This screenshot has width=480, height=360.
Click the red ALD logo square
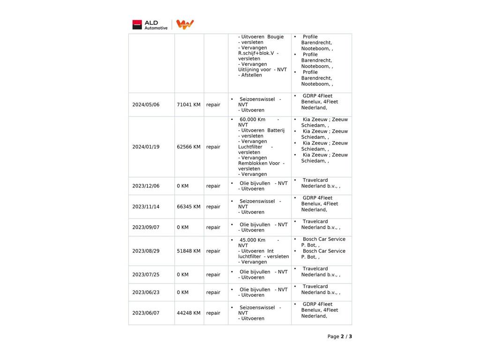[137, 25]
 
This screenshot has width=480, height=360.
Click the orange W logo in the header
[185, 25]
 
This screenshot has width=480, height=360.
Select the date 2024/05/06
[146, 105]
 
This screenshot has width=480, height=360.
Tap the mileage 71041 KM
[188, 105]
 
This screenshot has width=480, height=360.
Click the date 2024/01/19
[146, 147]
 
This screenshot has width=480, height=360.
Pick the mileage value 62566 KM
[188, 147]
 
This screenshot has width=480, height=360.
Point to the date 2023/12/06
[146, 186]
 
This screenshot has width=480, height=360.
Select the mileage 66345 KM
[188, 207]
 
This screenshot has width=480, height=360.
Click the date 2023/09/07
[146, 227]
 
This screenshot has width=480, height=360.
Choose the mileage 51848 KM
[188, 251]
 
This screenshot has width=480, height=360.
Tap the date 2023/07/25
[146, 275]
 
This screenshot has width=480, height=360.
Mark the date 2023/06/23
[146, 292]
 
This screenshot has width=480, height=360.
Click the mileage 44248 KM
[188, 313]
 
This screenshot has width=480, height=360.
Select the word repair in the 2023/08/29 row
[213, 251]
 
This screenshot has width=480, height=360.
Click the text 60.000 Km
[252, 120]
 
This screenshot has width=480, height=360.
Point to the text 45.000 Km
[252, 240]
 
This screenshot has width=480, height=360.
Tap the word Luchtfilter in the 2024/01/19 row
[250, 147]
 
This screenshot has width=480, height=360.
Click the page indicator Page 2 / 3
[339, 337]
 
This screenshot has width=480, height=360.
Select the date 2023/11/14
[146, 207]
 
